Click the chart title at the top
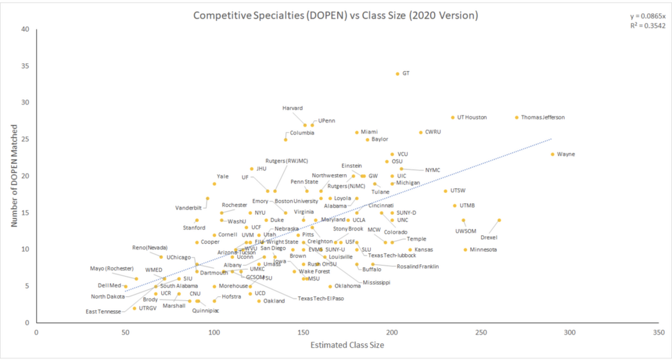coord(335,15)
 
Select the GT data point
coord(398,74)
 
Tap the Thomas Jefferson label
coord(543,118)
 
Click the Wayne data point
coord(553,154)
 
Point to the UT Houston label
coord(472,118)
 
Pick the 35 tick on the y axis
coord(25,66)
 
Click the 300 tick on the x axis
coord(570,332)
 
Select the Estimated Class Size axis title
coord(347,345)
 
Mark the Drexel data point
coord(499,221)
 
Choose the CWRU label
coord(433,132)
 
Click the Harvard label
coord(292,108)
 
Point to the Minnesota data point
coord(465,250)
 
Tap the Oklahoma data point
coord(330,286)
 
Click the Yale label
coord(222,176)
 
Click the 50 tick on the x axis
coord(125,332)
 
